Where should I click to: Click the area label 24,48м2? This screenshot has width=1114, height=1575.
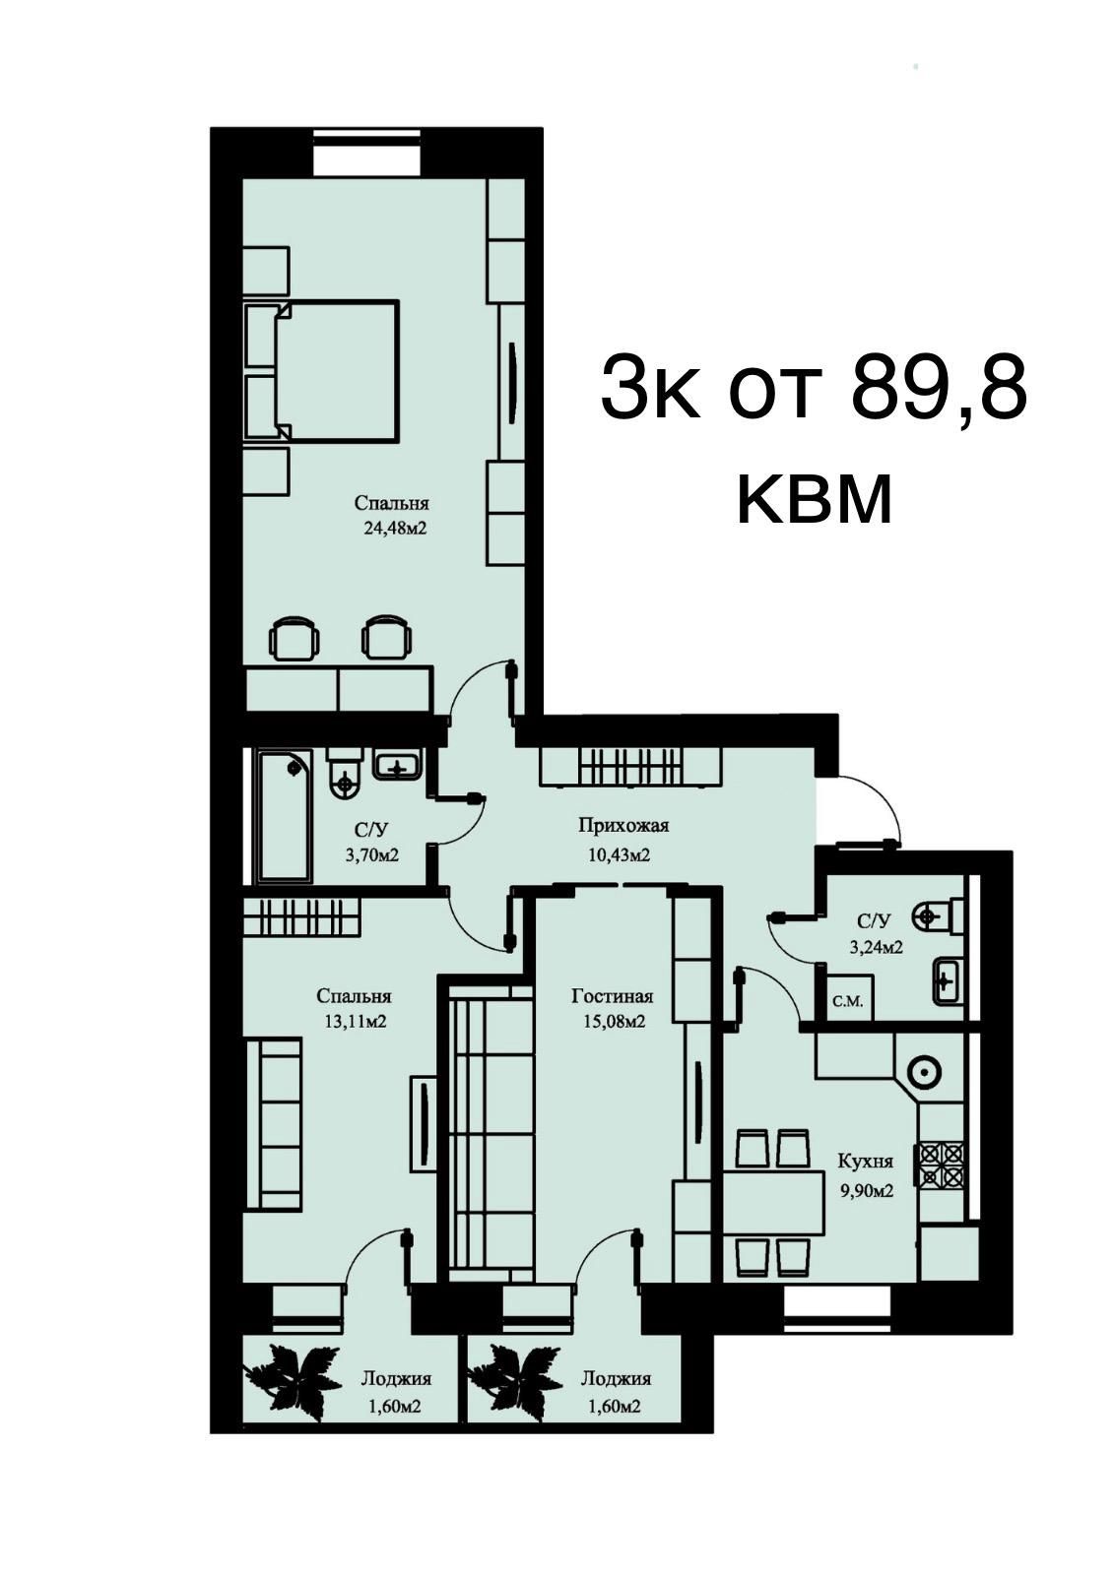tap(394, 528)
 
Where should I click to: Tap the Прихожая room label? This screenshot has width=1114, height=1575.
tap(623, 825)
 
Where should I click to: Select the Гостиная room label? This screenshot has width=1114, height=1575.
tap(613, 995)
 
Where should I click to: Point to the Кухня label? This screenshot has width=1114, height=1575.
tap(865, 1161)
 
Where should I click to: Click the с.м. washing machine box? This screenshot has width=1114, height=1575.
tap(849, 998)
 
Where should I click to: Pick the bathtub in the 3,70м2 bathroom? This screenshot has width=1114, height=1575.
tap(286, 816)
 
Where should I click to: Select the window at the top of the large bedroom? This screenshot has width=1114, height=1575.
tap(366, 152)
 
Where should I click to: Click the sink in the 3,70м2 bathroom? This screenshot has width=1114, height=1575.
tap(398, 764)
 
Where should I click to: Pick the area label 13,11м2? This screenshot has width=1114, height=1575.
tap(356, 1021)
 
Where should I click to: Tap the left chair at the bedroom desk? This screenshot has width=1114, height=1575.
tap(295, 637)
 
